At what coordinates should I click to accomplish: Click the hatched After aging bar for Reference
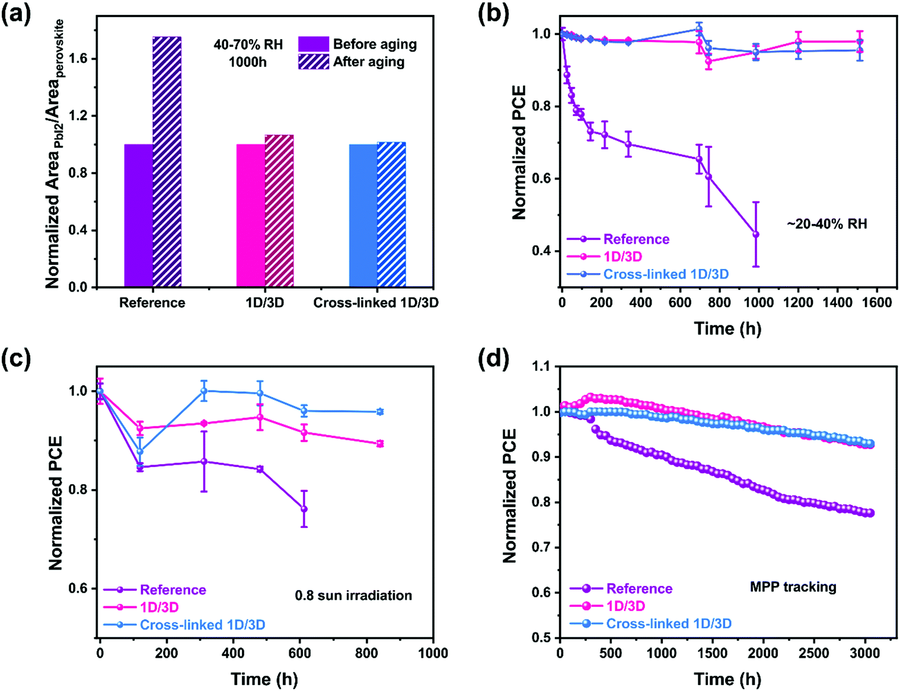pyautogui.click(x=167, y=162)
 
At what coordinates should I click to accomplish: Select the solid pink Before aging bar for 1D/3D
pyautogui.click(x=250, y=216)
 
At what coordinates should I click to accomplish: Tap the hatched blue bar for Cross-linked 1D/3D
pyautogui.click(x=391, y=215)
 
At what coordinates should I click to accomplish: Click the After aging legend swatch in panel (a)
pyautogui.click(x=313, y=62)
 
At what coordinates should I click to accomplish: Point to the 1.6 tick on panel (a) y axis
pyautogui.click(x=78, y=59)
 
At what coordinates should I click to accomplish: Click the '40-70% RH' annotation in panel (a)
pyautogui.click(x=248, y=44)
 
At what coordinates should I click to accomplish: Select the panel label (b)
pyautogui.click(x=493, y=14)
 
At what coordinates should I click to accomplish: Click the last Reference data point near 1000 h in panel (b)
pyautogui.click(x=756, y=235)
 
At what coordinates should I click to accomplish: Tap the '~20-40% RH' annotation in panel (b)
pyautogui.click(x=826, y=224)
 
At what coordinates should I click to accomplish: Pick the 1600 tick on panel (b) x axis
pyautogui.click(x=876, y=303)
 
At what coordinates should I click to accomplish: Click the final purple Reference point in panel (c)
pyautogui.click(x=304, y=509)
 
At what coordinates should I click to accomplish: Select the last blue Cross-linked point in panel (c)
pyautogui.click(x=380, y=411)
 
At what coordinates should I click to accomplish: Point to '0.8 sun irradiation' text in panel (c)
pyautogui.click(x=353, y=596)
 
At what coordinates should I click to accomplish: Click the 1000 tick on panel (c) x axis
pyautogui.click(x=433, y=654)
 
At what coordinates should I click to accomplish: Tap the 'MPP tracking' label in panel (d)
pyautogui.click(x=793, y=587)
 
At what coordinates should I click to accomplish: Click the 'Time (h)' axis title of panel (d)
pyautogui.click(x=727, y=679)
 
